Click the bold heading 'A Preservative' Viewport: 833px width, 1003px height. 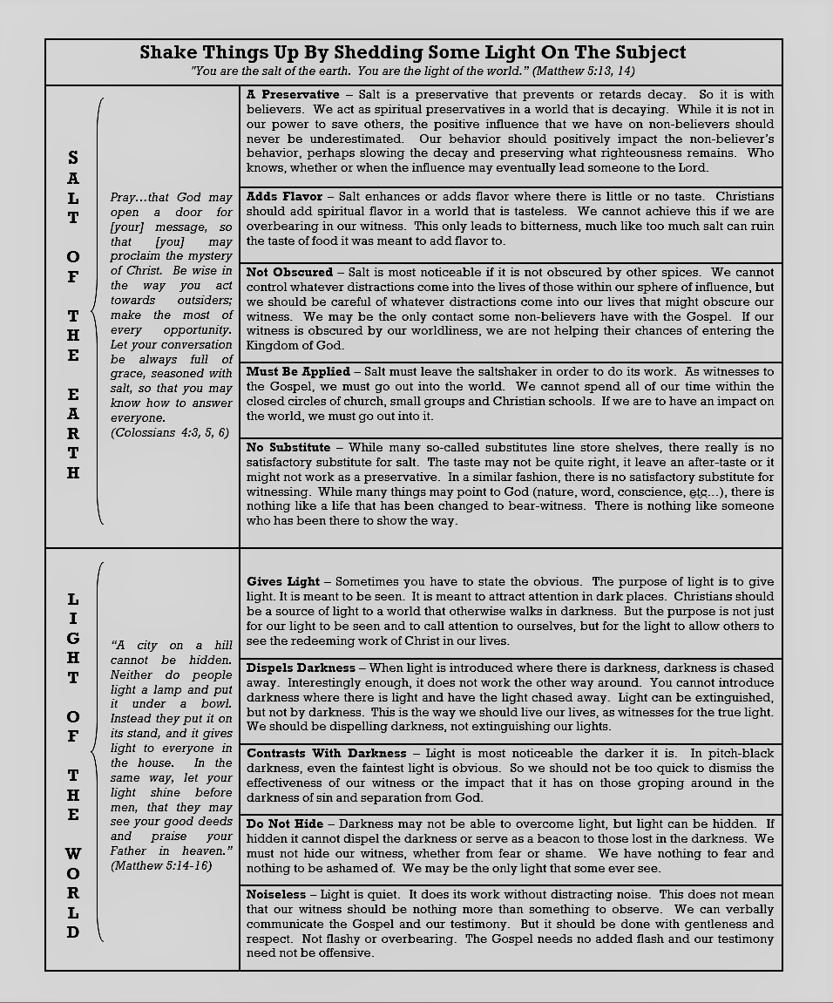point(293,94)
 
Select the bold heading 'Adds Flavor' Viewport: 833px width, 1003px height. point(284,197)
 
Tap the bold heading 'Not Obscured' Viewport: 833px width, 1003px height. point(289,273)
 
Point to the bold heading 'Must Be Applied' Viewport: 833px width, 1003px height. point(298,372)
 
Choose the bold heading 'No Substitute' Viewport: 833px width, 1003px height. point(288,448)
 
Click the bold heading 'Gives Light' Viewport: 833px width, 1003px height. point(283,582)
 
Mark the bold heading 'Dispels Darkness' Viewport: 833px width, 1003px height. point(301,668)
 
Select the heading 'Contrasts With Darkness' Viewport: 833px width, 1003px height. point(327,754)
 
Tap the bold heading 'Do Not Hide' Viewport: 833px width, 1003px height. point(285,824)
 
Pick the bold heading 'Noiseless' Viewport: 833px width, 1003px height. point(276,895)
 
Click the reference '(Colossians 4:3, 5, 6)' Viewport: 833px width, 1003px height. point(167,433)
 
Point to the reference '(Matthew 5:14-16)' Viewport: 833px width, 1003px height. point(161,866)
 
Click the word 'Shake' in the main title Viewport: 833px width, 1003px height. point(167,53)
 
